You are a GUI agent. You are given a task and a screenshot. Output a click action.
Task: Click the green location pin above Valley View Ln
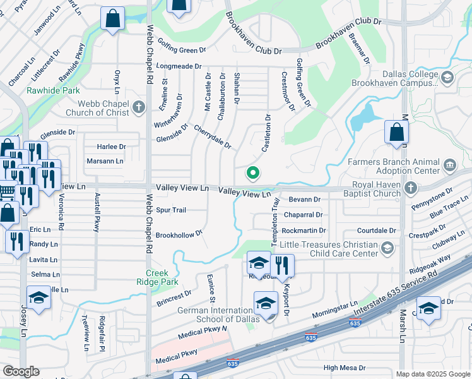253,172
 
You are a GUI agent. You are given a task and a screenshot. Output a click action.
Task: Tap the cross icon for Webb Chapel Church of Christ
139,108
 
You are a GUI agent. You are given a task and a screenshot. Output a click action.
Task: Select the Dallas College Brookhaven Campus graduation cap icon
447,78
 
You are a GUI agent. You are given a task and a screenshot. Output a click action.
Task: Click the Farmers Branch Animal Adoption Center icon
450,165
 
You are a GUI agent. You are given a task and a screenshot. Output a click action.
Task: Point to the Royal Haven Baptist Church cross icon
411,188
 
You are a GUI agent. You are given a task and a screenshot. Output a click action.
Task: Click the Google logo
21,371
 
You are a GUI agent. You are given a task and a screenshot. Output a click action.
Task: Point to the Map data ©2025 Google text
432,374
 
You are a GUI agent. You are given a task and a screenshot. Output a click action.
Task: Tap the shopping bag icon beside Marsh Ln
396,133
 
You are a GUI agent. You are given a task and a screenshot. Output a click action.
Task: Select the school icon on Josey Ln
38,298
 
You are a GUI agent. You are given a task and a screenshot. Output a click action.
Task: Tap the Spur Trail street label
171,210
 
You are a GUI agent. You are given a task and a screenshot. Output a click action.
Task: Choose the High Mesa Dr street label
344,367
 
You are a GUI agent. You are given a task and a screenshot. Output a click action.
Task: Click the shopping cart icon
7,191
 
